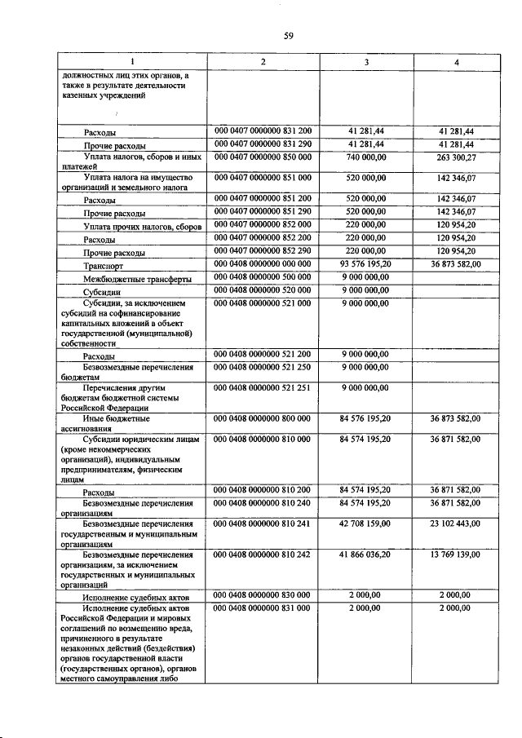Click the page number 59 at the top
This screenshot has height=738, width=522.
pos(288,35)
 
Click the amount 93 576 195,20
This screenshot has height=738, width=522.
pos(368,264)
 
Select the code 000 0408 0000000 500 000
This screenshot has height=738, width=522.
pos(263,277)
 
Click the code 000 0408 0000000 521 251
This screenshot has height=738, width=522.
pos(263,387)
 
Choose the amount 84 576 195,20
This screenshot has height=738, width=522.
pos(368,418)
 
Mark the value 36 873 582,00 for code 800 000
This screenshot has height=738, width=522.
pos(457,418)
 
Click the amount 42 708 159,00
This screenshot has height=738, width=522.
pos(368,524)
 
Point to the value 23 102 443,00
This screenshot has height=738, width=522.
pos(457,524)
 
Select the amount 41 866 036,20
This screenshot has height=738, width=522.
pos(368,555)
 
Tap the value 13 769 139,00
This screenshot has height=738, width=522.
pos(457,555)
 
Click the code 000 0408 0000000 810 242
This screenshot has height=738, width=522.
pos(263,555)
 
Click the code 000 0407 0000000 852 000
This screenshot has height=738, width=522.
pos(263,225)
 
